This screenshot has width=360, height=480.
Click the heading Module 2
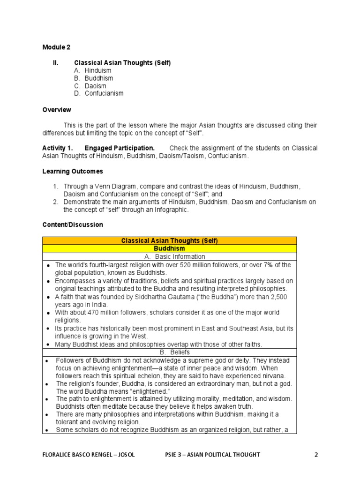[56, 47]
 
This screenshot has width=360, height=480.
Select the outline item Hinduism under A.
[97, 70]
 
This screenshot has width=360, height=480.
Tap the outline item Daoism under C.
[95, 86]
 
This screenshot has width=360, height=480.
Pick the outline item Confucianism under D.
[104, 93]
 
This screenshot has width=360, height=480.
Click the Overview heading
[57, 110]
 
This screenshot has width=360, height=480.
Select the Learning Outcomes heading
[73, 171]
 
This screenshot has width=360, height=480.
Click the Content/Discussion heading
[73, 225]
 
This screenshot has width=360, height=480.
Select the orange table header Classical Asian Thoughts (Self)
[169, 241]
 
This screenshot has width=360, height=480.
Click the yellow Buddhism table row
[169, 248]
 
